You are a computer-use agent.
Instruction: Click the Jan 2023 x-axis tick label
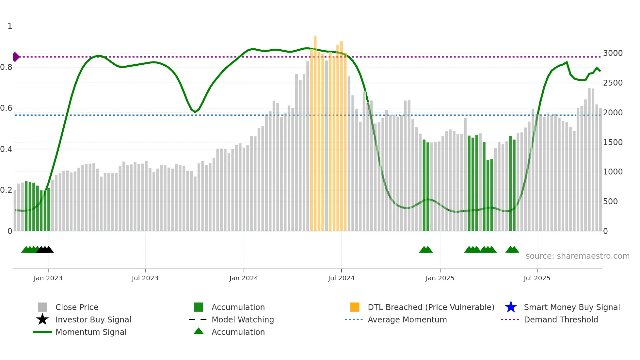(x=48, y=278)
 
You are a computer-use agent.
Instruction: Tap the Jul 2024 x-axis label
(x=341, y=278)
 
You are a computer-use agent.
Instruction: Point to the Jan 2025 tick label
(x=440, y=278)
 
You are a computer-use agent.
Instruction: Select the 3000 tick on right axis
(x=613, y=53)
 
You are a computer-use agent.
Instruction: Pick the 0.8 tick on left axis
(x=6, y=67)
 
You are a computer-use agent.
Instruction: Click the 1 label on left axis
(x=10, y=26)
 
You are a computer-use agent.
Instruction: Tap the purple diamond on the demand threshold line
(x=16, y=57)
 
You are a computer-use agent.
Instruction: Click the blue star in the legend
(x=511, y=307)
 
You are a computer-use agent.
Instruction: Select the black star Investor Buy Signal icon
(x=42, y=319)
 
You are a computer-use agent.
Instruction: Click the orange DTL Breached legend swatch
(x=355, y=307)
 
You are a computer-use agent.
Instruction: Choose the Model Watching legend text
(x=243, y=319)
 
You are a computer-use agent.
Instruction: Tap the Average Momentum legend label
(x=407, y=319)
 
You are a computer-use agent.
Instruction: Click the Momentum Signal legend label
(x=91, y=332)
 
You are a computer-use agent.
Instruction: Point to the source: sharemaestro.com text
(x=577, y=256)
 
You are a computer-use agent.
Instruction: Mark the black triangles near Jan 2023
(x=45, y=250)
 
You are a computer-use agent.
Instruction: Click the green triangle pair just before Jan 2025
(x=426, y=250)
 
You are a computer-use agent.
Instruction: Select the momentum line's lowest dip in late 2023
(x=195, y=112)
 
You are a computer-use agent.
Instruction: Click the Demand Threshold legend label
(x=561, y=319)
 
